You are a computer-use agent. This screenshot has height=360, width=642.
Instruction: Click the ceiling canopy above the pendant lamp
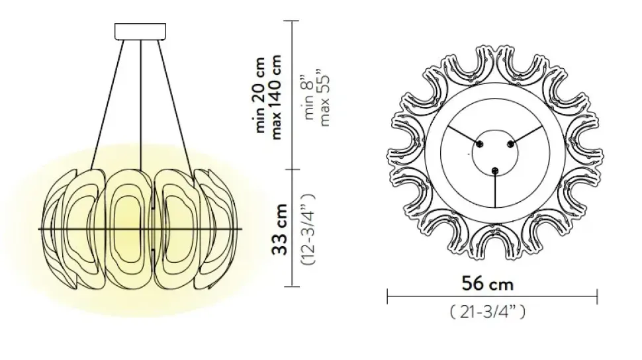pyautogui.click(x=142, y=32)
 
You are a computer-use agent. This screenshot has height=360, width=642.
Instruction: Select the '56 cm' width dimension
pyautogui.click(x=487, y=284)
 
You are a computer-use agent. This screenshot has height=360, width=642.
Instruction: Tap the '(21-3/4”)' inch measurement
pyautogui.click(x=487, y=311)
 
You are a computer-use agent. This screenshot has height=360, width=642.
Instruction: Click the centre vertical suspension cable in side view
pyautogui.click(x=142, y=99)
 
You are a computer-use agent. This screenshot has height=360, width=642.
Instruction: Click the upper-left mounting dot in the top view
pyautogui.click(x=481, y=143)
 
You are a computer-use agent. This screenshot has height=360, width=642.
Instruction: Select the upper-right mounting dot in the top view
pyautogui.click(x=510, y=143)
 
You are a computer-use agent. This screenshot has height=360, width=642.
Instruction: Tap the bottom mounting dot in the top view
pyautogui.click(x=494, y=171)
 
